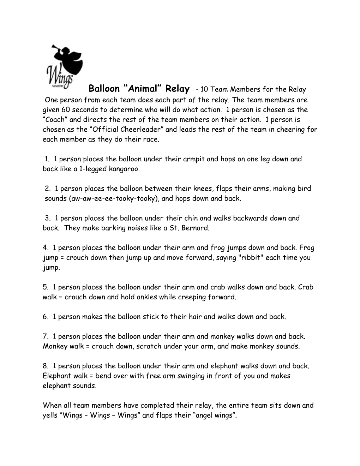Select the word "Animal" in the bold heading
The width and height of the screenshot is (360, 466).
(x=142, y=88)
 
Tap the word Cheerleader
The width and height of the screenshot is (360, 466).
(x=143, y=130)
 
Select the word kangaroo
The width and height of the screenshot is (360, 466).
(x=125, y=169)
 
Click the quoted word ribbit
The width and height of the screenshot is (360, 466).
(x=251, y=258)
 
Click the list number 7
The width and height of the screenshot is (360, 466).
(x=45, y=336)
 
